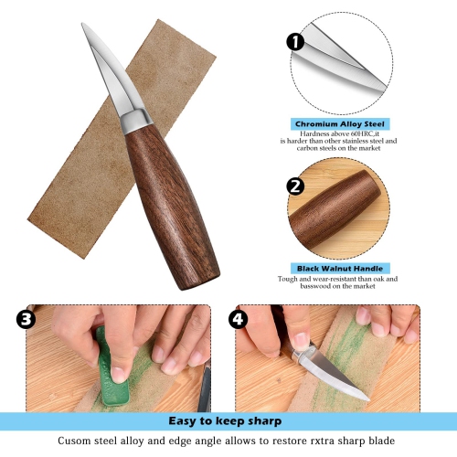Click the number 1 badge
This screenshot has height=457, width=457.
(295, 42)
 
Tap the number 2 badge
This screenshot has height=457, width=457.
(295, 187)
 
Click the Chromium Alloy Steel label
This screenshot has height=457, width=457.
(341, 123)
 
